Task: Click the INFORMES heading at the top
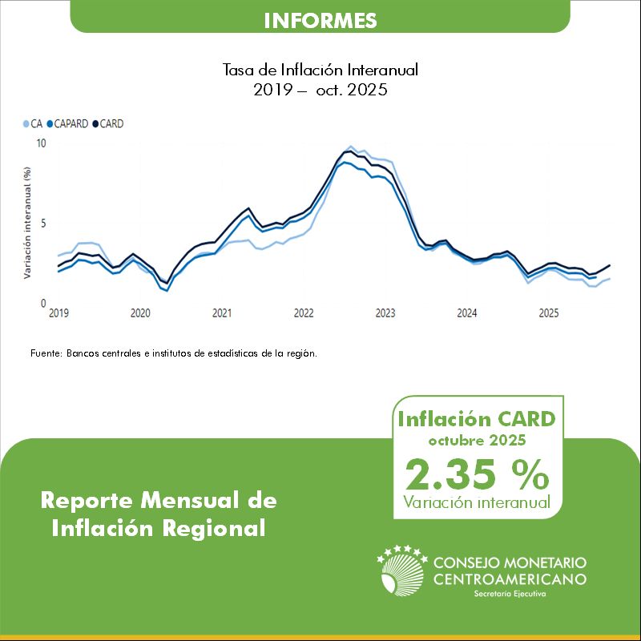tap(320, 19)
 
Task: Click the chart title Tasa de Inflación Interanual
tap(320, 71)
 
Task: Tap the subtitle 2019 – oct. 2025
tap(320, 90)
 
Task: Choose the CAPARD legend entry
tap(71, 124)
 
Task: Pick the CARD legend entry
tap(111, 124)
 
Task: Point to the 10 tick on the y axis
tap(42, 143)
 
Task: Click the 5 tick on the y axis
tap(44, 224)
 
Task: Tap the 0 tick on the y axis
tap(44, 304)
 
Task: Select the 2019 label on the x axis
tap(58, 313)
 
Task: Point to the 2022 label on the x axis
tap(303, 313)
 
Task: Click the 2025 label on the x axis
tap(548, 313)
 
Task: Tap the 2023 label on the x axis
tap(385, 313)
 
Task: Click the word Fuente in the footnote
tap(46, 353)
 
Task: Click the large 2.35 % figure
tap(478, 474)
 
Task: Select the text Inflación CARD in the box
tap(478, 419)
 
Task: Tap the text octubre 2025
tap(478, 441)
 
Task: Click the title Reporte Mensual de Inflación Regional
tap(159, 514)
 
